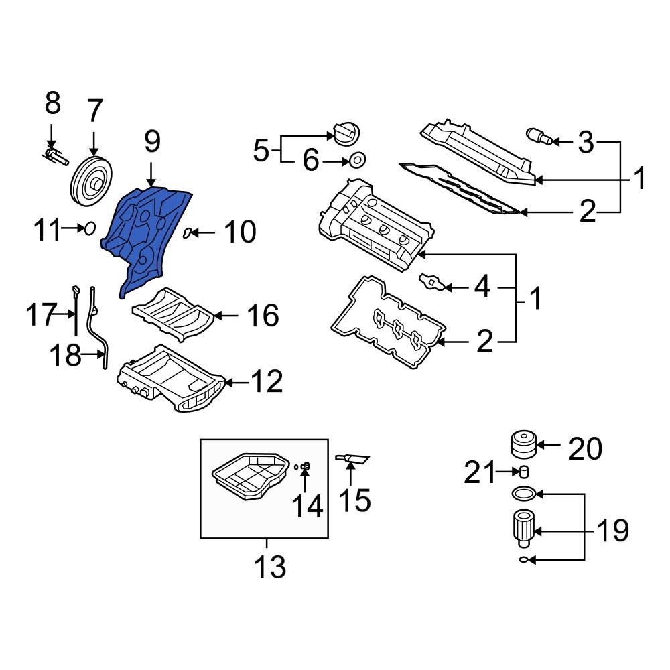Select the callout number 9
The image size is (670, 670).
click(x=151, y=141)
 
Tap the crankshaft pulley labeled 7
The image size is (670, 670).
click(x=92, y=180)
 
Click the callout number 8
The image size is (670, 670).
click(x=52, y=104)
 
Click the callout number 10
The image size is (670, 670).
click(x=239, y=233)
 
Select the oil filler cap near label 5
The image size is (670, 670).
click(x=345, y=133)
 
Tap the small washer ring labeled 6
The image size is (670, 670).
click(x=358, y=161)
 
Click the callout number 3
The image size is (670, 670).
click(x=585, y=142)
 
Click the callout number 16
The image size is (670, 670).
click(x=262, y=315)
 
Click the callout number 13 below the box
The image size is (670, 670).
click(x=270, y=567)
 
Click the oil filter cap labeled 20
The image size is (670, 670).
click(x=523, y=444)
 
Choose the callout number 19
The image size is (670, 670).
click(x=612, y=531)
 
